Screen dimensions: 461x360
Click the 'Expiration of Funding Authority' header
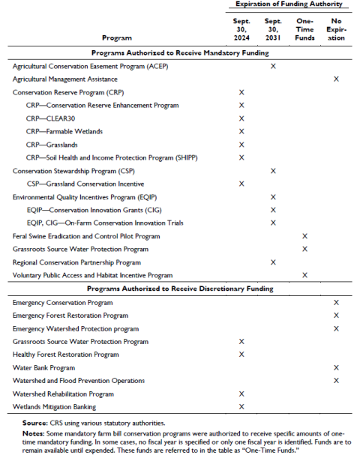point(289,4)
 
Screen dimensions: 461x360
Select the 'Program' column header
point(116,37)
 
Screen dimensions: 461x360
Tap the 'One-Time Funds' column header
point(304,29)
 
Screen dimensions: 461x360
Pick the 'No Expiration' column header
point(336,29)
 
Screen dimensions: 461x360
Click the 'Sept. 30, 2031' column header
point(273,29)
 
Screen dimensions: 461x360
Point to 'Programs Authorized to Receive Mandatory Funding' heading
point(180,52)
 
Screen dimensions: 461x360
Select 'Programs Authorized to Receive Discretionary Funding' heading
point(180,289)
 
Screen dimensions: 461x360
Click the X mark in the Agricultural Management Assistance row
point(336,79)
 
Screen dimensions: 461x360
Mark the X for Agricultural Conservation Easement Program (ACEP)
point(273,66)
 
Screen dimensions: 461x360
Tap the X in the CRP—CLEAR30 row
point(241,118)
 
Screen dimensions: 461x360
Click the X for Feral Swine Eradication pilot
point(304,236)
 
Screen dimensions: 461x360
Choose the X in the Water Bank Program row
point(336,367)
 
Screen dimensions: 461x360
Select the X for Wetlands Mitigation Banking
point(241,407)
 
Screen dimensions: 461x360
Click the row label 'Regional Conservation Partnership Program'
point(76,262)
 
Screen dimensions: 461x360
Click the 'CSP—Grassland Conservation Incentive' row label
point(85,184)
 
